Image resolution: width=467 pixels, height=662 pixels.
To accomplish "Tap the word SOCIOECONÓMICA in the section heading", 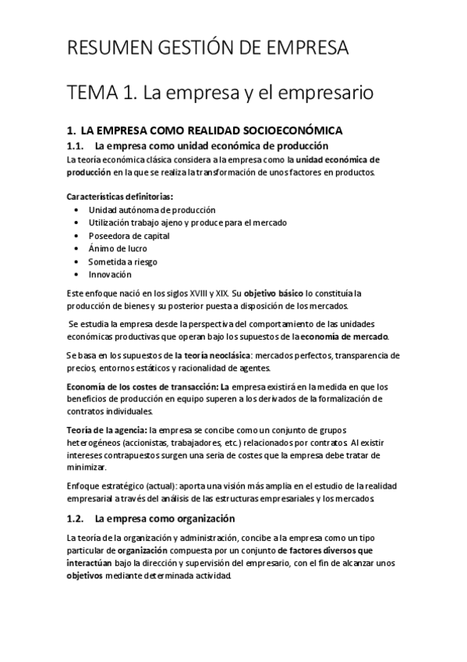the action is tap(288, 130).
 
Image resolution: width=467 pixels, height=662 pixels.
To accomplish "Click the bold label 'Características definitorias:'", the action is tap(119, 196).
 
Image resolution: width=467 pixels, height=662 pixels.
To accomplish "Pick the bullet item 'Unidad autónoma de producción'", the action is tap(152, 210).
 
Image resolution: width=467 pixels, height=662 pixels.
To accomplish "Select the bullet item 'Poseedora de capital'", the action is tap(129, 236).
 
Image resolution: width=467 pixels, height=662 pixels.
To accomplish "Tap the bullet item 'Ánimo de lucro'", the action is tap(118, 248).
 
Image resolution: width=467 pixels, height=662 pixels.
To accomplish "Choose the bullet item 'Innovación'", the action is tap(110, 274).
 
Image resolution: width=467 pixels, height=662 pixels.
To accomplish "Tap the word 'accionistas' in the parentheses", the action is tap(115, 443).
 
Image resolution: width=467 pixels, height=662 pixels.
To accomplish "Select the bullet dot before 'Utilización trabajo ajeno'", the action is tap(75, 222).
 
